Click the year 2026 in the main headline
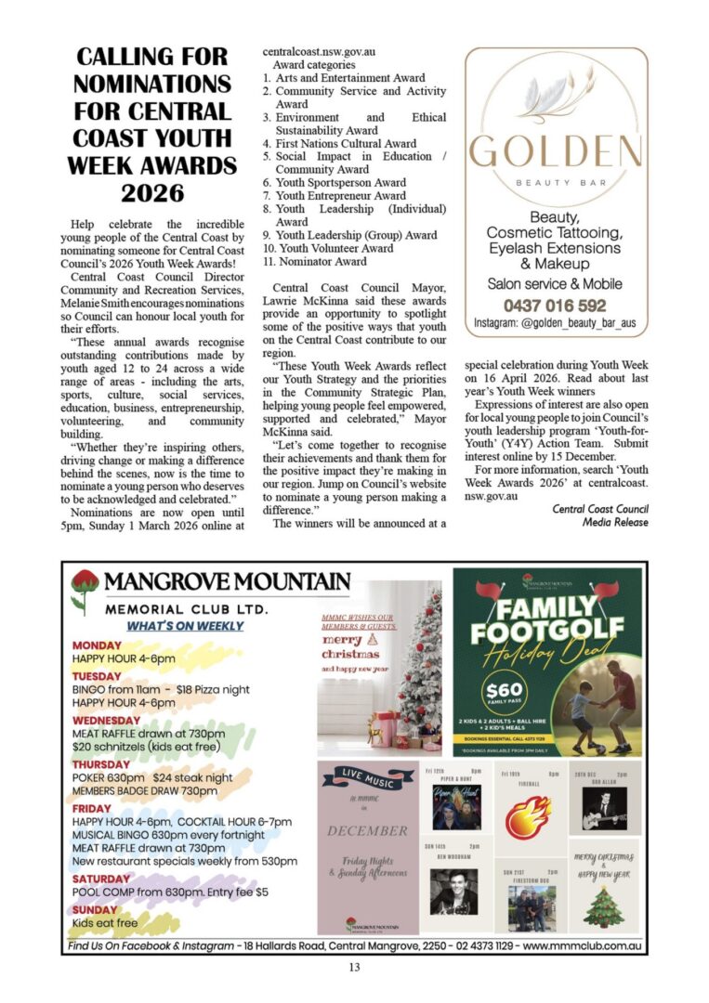coord(153,194)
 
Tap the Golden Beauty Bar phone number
coord(554,306)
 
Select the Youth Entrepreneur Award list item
coord(340,196)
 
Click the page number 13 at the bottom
coord(354,968)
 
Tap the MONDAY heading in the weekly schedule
coord(97,645)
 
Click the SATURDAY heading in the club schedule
coord(101,879)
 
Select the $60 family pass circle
coord(502,694)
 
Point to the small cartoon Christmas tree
coord(603,906)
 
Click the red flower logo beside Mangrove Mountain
coord(85,590)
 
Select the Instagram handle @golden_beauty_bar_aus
coord(555,323)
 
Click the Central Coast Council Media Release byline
coord(600,515)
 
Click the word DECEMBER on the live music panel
coord(367,830)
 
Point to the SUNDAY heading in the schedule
coord(95,909)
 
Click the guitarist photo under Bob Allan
coord(603,808)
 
